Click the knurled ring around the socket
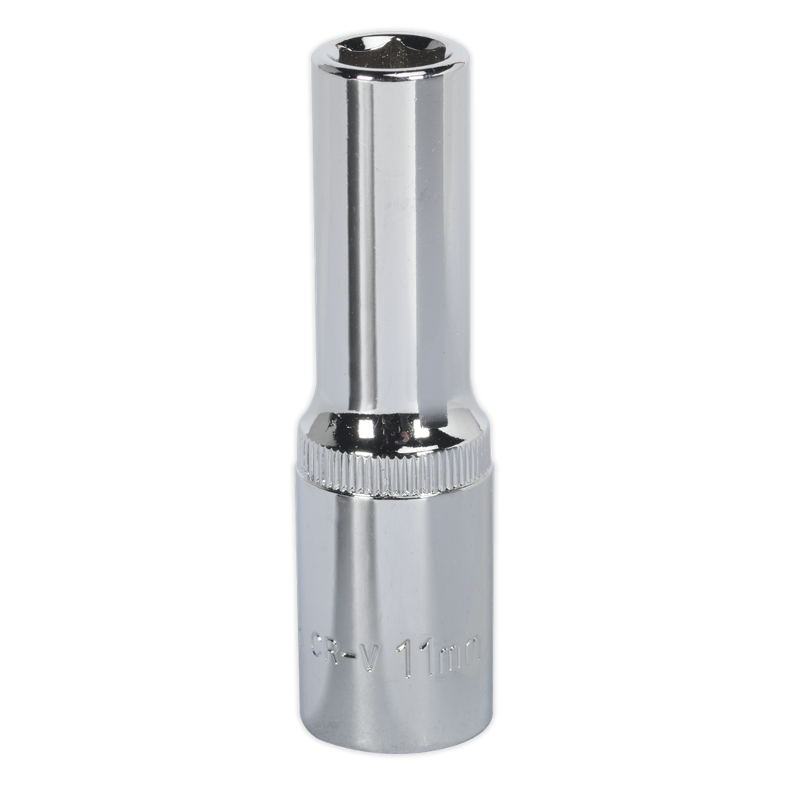tap(393, 470)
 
